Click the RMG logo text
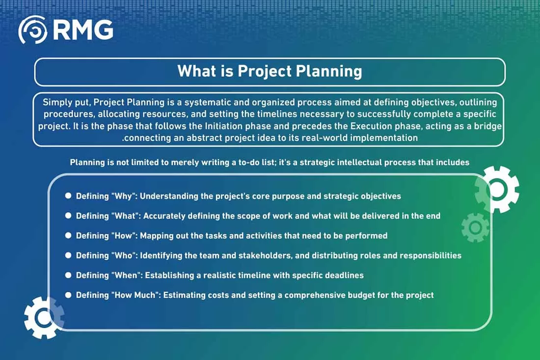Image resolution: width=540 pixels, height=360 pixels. coord(83,29)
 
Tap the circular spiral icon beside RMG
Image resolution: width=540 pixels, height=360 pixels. coord(33,29)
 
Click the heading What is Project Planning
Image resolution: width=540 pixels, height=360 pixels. coord(270,71)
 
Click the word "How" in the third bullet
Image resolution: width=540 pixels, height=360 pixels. coord(123,236)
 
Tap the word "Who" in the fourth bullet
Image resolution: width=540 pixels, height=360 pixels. coord(123,255)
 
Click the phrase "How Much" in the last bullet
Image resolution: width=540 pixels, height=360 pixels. coord(135,295)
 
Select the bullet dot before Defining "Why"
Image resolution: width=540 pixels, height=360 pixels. coord(68,195)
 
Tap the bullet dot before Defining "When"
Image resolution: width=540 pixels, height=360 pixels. coord(68,275)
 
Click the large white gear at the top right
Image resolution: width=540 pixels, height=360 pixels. coord(497,189)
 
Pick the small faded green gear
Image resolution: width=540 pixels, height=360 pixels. coord(475,227)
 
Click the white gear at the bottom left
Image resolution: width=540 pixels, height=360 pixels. coord(44,318)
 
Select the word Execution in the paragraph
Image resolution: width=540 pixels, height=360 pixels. coord(371,126)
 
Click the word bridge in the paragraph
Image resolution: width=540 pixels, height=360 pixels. coord(487,126)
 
